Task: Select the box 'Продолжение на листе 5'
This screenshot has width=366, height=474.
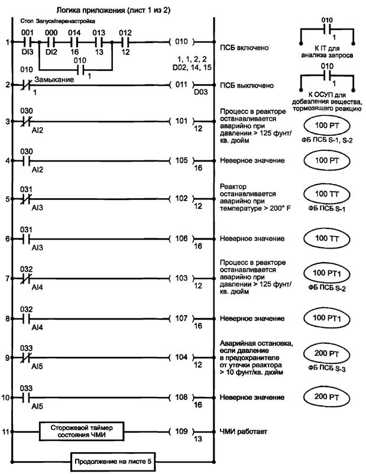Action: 113,461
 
